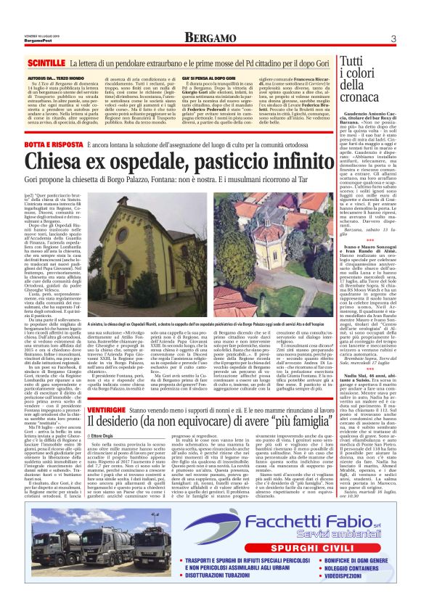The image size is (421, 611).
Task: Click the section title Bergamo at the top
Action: point(208,37)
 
